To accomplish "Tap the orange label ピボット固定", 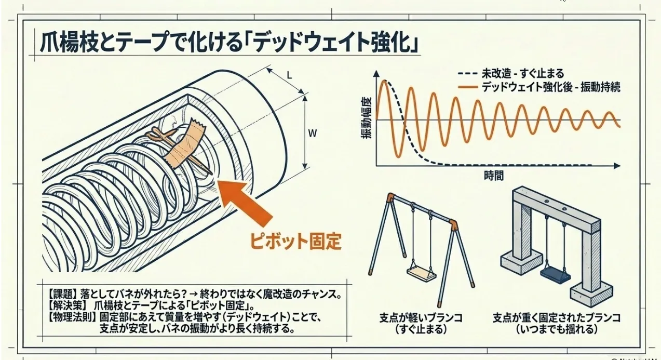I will pos(296,242).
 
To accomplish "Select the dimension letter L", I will pos(289,75).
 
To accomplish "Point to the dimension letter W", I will pos(312,133).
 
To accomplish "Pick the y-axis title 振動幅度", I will pos(367,118).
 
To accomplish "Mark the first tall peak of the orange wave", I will pos(385,82).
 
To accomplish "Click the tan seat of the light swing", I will pos(421,272).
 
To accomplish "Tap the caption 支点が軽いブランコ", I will pos(421,317).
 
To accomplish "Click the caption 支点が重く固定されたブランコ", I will pos(556,317).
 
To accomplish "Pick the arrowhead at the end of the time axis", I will pos(616,166).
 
